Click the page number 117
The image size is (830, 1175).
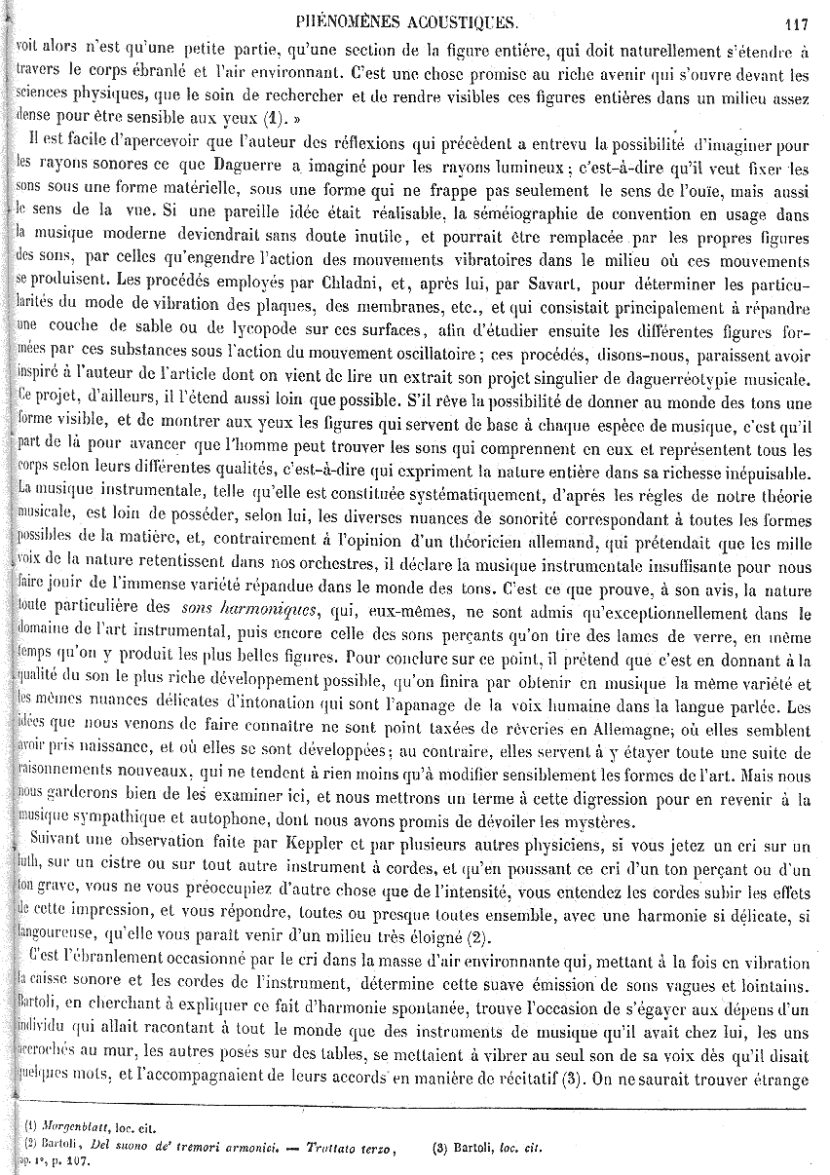(x=798, y=25)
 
